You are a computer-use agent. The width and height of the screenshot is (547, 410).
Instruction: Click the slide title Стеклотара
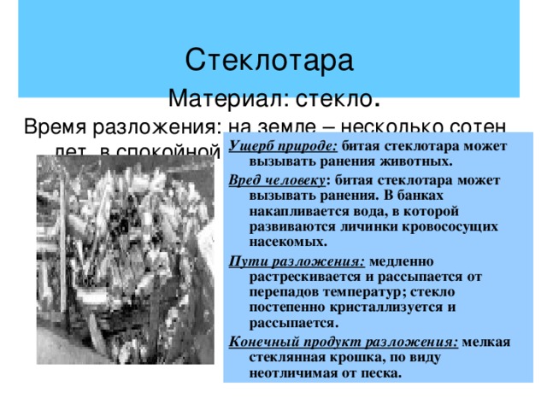[x=268, y=61]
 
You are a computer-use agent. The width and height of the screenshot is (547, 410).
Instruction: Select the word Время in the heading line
[x=58, y=127]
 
